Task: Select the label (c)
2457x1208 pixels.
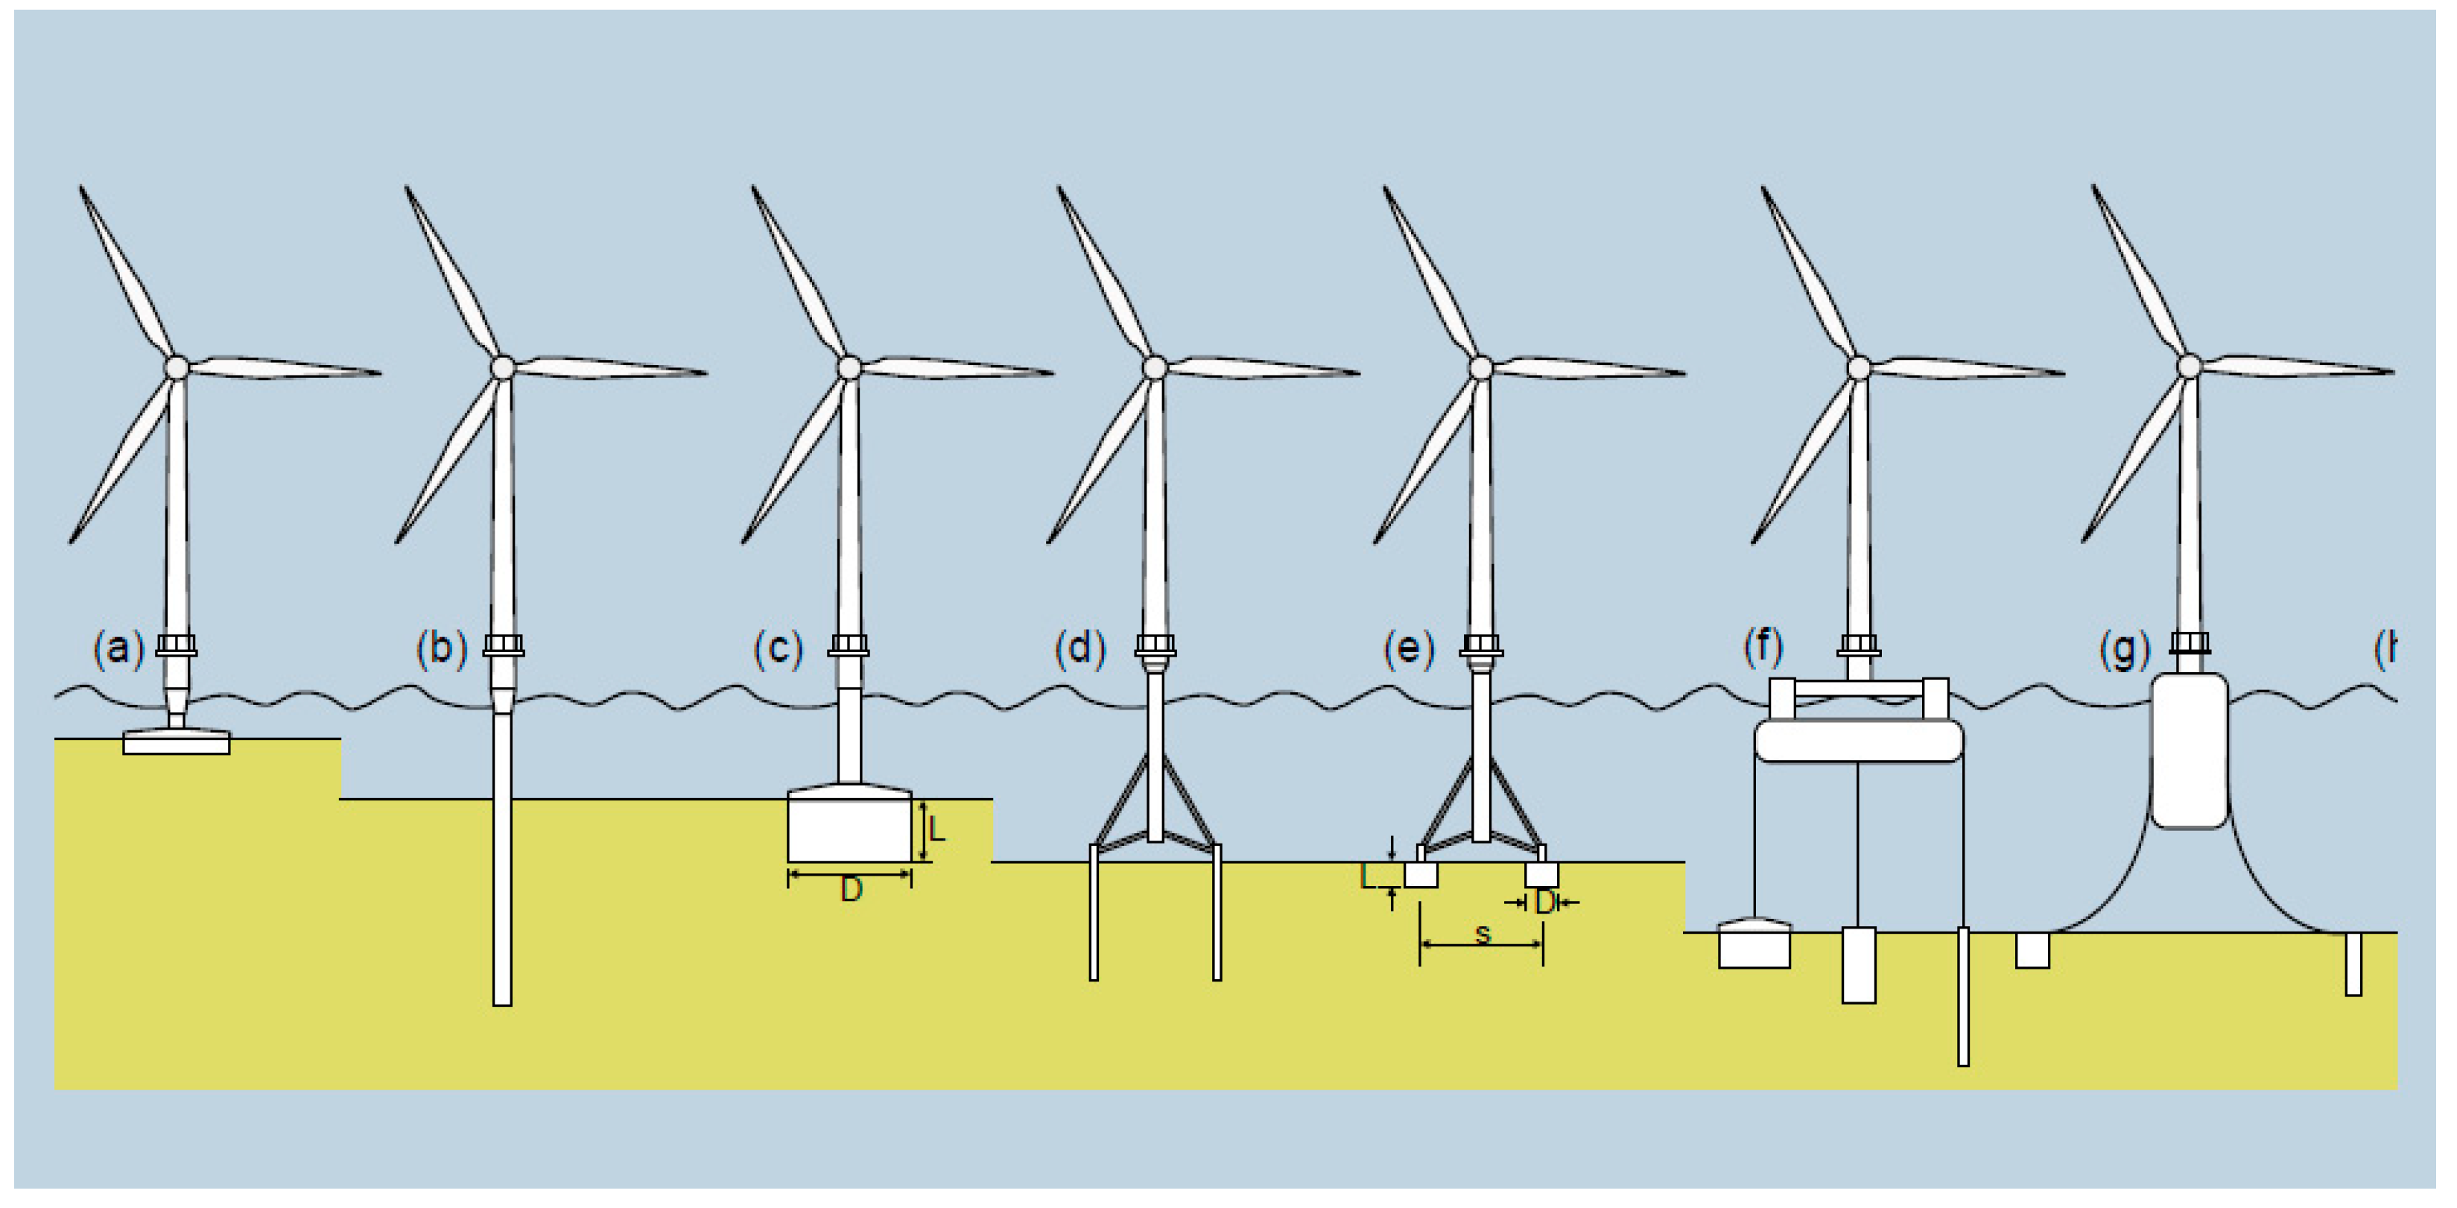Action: (x=779, y=649)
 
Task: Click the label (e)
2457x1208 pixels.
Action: (x=1409, y=649)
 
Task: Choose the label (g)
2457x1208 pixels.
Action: (x=2125, y=650)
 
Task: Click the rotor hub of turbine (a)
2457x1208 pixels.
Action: (x=177, y=367)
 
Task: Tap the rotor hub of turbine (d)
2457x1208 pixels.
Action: (x=1154, y=367)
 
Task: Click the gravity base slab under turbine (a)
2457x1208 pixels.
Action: (x=177, y=742)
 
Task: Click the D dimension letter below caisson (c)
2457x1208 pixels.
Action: (x=851, y=889)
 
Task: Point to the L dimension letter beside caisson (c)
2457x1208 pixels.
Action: (x=936, y=829)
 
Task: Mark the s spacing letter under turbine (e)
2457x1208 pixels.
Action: (x=1483, y=933)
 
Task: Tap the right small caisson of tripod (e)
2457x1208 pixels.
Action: (x=1541, y=873)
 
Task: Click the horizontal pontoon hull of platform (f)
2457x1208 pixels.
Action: (x=1858, y=741)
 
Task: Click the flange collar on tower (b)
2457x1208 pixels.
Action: (x=503, y=646)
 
